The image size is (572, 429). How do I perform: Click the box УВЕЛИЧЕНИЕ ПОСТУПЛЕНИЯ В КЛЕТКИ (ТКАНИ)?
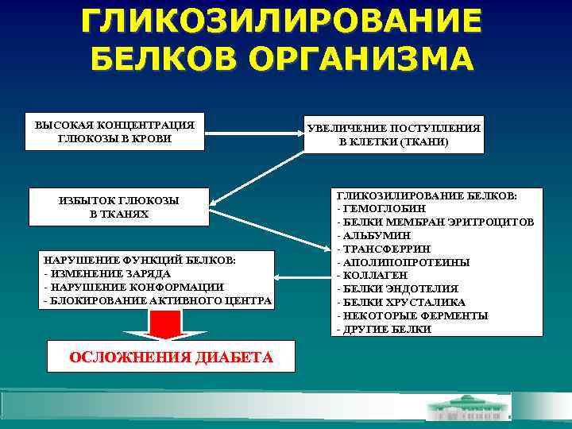(x=393, y=135)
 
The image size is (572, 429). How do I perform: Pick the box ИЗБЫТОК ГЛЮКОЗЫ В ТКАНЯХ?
(x=119, y=207)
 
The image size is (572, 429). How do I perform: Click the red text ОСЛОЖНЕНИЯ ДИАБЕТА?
(x=172, y=357)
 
